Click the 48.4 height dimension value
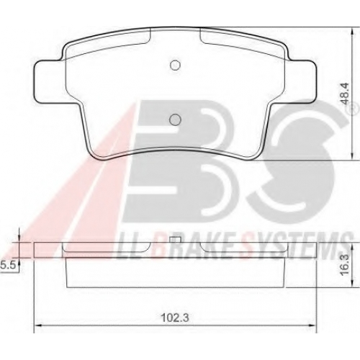point(346,94)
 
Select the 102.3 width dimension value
point(175,318)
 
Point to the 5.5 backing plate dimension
point(8,266)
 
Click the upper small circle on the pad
point(175,65)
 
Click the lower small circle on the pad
point(175,120)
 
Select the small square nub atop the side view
point(175,240)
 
